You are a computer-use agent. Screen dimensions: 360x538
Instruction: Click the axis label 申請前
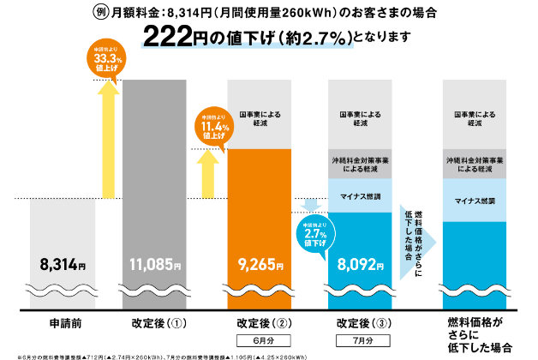tap(62, 325)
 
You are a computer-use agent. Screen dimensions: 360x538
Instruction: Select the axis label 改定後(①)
tap(155, 325)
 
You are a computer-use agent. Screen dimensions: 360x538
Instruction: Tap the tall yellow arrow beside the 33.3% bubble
tap(108, 137)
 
